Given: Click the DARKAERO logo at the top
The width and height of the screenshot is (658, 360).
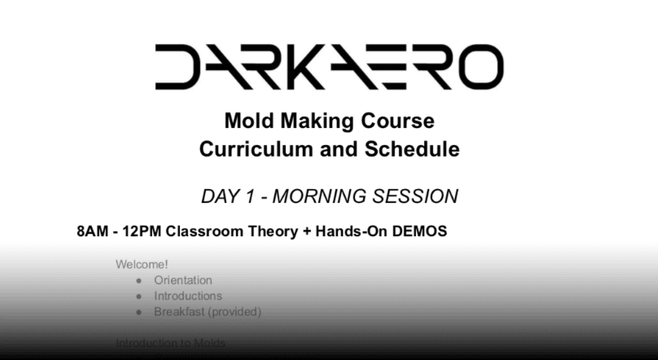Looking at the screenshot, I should pos(328,66).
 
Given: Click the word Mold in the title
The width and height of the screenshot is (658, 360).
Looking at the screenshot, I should pos(248,122).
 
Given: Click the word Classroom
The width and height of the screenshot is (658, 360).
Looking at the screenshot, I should pos(204,230).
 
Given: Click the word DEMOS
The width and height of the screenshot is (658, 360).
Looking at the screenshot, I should pos(419,230).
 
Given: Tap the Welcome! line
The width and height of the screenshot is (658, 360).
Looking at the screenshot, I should pos(142,265).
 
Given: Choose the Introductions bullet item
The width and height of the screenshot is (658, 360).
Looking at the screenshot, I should pos(187,296).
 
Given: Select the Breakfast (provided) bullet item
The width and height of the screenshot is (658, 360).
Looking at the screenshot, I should pos(208,311).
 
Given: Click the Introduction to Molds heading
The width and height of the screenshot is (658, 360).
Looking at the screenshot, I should pos(170,343).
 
